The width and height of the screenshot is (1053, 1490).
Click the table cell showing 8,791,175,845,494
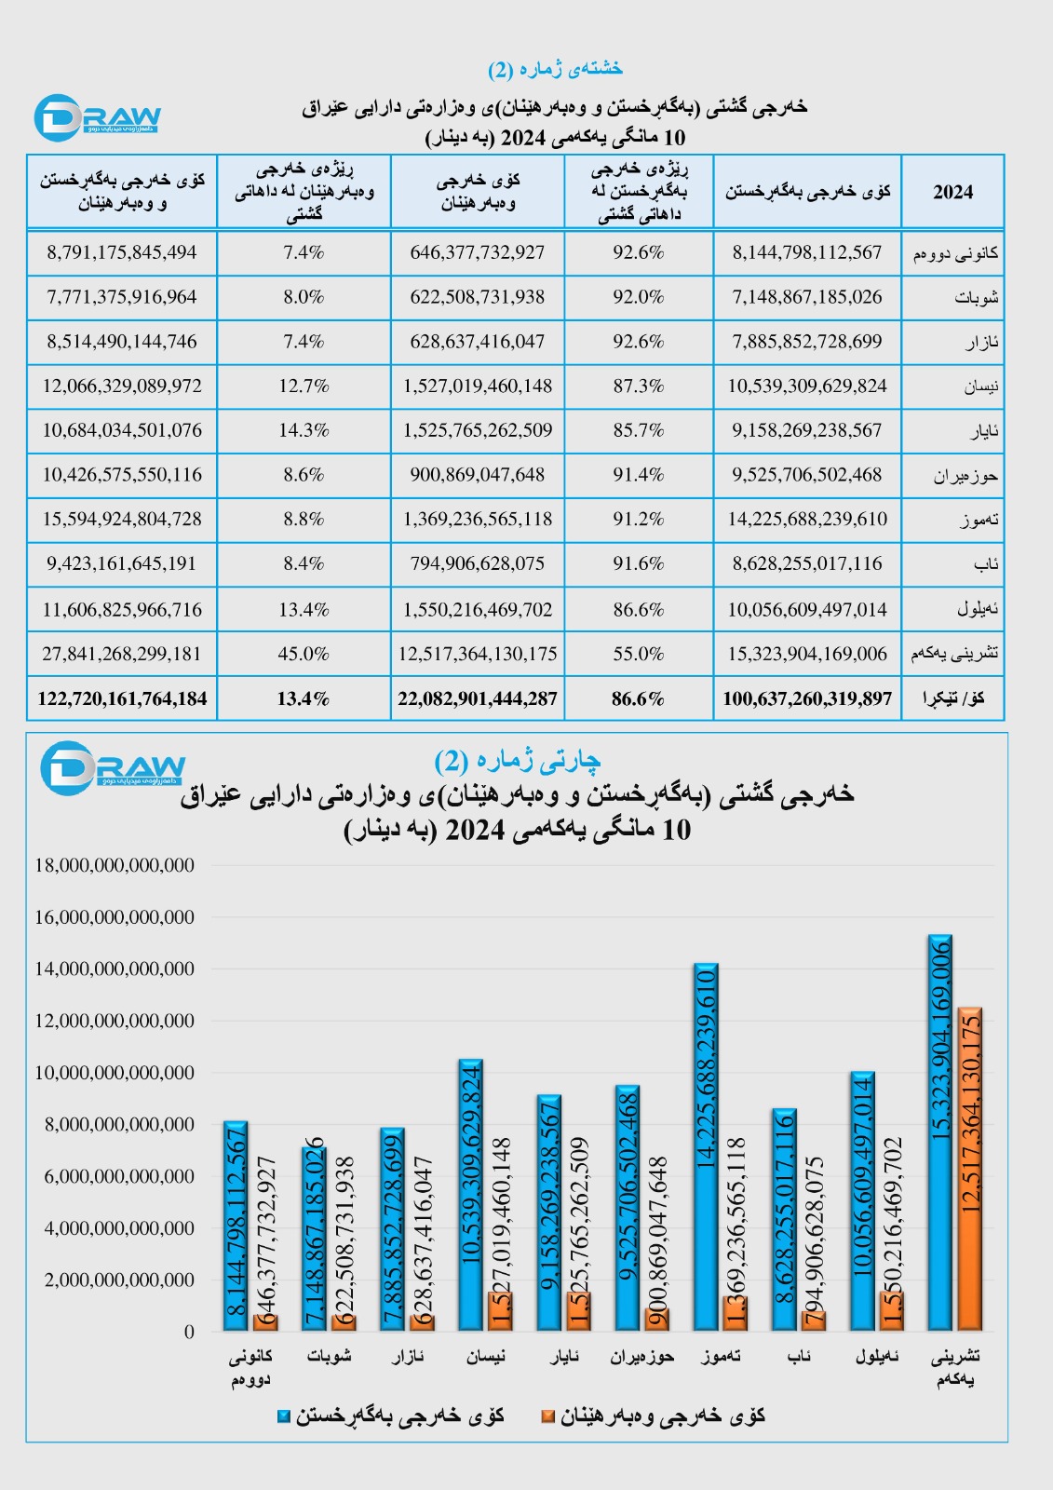click(x=122, y=252)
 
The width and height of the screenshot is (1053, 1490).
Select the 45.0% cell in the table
click(x=304, y=654)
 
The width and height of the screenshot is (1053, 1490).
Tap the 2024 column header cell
click(x=952, y=192)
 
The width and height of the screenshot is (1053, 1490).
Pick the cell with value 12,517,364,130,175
click(x=478, y=654)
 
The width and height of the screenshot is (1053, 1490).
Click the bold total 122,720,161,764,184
click(x=122, y=698)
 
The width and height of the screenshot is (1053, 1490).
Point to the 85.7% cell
click(x=639, y=430)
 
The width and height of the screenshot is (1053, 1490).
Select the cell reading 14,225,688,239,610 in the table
click(x=807, y=519)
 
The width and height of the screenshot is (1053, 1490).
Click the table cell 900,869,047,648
click(x=478, y=475)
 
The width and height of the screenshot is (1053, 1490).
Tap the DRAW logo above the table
click(x=97, y=118)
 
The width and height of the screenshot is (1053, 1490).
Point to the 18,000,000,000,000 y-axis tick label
click(x=115, y=865)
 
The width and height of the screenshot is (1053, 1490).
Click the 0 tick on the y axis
click(x=189, y=1332)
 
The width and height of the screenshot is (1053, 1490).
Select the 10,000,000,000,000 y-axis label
click(x=115, y=1073)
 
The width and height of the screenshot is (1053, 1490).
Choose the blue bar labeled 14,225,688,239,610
click(x=706, y=1146)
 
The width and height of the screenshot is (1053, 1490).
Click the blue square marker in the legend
click(x=284, y=1416)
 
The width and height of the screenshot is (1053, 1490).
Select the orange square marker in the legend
click(x=548, y=1416)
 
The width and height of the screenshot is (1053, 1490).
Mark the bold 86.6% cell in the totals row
click(x=639, y=698)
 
